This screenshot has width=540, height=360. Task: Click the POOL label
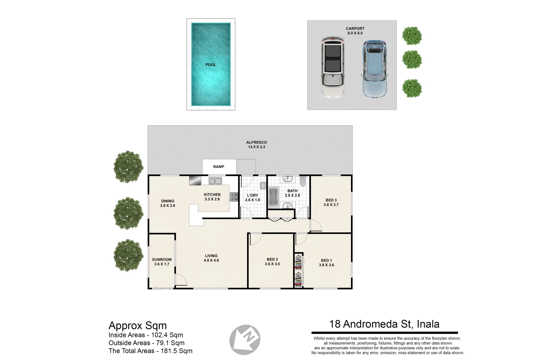[x=210, y=65]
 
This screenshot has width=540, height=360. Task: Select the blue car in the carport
[x=375, y=69]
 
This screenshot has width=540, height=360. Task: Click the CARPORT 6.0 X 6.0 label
[x=355, y=31]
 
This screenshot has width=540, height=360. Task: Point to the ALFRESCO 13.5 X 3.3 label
[x=256, y=145]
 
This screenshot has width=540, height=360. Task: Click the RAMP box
[x=219, y=167]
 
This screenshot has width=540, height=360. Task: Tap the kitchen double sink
[x=215, y=181]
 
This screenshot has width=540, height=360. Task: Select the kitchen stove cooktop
[x=234, y=197]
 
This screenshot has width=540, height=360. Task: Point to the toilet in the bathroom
[x=302, y=181]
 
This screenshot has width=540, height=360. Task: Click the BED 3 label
[x=331, y=203]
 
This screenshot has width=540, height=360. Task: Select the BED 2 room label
[x=272, y=262]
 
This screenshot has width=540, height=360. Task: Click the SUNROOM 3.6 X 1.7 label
[x=162, y=262]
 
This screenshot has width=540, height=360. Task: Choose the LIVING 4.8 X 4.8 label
[x=211, y=258]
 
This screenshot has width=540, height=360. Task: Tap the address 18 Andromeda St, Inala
[x=384, y=324]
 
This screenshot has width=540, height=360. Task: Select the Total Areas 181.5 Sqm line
[x=150, y=351]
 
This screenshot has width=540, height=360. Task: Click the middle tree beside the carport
[x=412, y=60]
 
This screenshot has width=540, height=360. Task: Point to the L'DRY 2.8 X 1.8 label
[x=252, y=198]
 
